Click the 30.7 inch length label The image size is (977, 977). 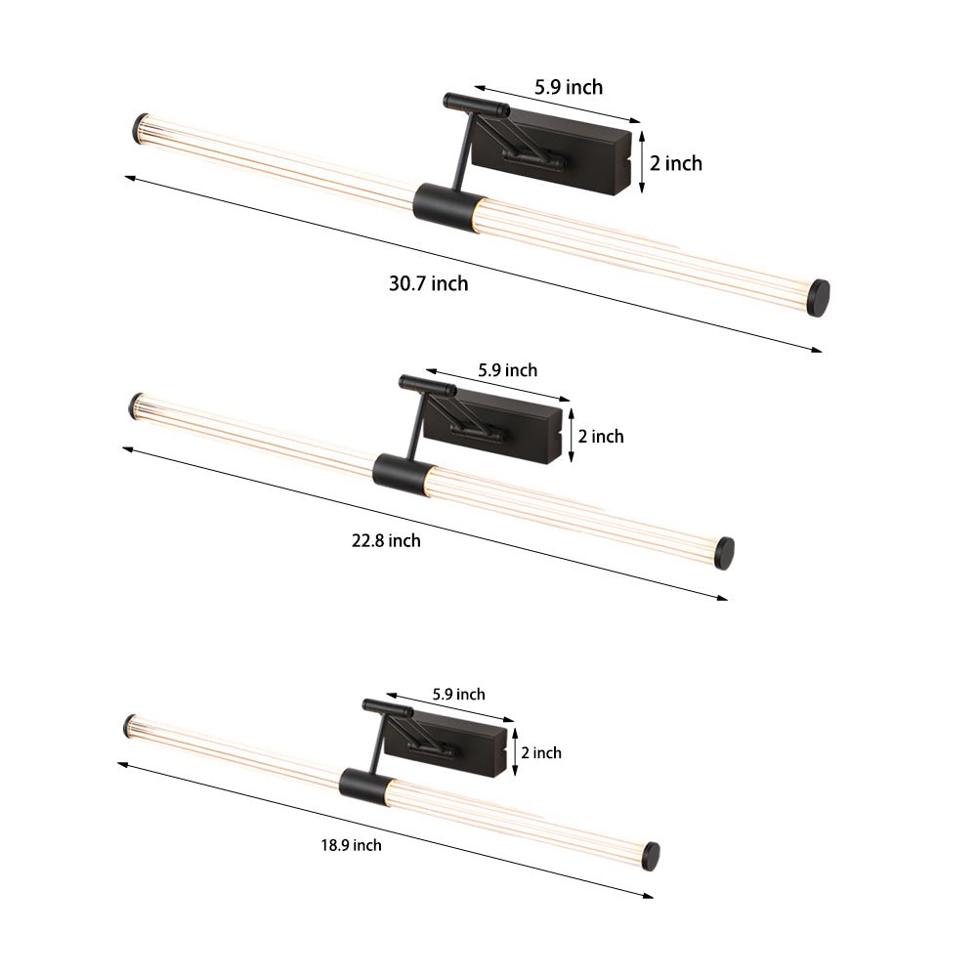[x=428, y=284]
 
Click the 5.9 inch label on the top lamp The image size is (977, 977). [x=568, y=87]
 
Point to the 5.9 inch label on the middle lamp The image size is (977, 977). [x=507, y=370]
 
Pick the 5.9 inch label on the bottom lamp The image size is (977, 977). [x=458, y=695]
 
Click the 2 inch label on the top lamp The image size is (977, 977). [x=676, y=163]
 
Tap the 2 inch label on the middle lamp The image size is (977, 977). [x=601, y=436]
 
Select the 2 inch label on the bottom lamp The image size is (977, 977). [x=541, y=752]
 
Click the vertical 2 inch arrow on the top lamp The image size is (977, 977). [x=641, y=162]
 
